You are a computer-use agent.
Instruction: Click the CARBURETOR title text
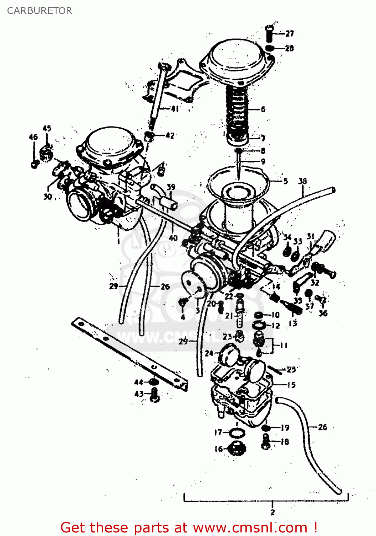pos(40,11)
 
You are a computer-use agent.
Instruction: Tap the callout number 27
pos(290,34)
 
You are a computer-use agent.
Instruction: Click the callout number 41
pos(174,109)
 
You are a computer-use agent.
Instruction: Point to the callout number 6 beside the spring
pos(263,109)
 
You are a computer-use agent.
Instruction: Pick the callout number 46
pos(33,137)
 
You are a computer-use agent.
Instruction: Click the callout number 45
pos(47,128)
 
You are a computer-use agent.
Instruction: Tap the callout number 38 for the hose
pos(303,181)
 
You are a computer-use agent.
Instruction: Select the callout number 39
pos(171,187)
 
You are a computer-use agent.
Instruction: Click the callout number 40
pos(173,238)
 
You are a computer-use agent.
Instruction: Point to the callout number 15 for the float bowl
pos(291,385)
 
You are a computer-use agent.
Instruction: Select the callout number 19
pos(285,427)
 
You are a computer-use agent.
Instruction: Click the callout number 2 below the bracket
pos(273,512)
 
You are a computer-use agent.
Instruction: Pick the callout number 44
pos(138,382)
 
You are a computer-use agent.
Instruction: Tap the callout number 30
pos(47,197)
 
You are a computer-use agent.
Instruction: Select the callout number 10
pos(275,315)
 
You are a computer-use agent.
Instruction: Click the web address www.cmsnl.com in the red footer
pos(250,527)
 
